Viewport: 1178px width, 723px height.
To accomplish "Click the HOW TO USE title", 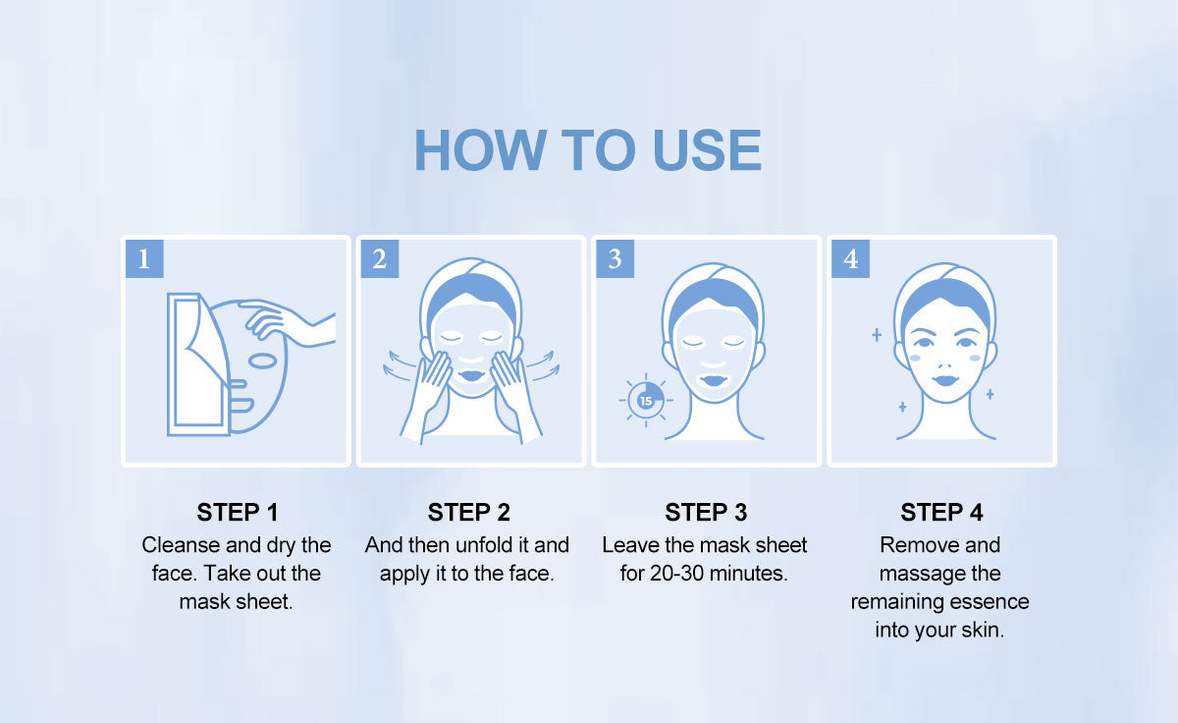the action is pos(588,150).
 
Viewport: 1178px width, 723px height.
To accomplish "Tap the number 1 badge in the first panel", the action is pos(144,259).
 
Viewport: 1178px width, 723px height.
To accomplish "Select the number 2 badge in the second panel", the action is pos(380,259).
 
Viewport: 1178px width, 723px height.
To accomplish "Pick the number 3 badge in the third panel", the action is pos(615,259).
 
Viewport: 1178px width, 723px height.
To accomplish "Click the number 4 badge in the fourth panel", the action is pos(850,259).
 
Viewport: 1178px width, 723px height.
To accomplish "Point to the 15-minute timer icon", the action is pos(646,401).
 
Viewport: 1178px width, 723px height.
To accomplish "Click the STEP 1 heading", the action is pos(238,513).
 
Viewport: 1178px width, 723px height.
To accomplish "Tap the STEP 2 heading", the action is pos(468,513).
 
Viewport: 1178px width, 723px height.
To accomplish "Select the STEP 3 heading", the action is pos(706,513).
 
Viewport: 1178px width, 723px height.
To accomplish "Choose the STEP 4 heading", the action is pos(941,513).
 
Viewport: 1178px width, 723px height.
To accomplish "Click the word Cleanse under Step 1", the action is pos(181,545).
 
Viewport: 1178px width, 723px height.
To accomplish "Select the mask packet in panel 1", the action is pos(198,364).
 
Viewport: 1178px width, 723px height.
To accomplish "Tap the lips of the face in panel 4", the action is pos(945,380).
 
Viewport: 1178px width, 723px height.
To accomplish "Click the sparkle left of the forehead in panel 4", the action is pos(877,335).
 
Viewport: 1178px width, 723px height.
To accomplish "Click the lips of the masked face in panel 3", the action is pos(714,380).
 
